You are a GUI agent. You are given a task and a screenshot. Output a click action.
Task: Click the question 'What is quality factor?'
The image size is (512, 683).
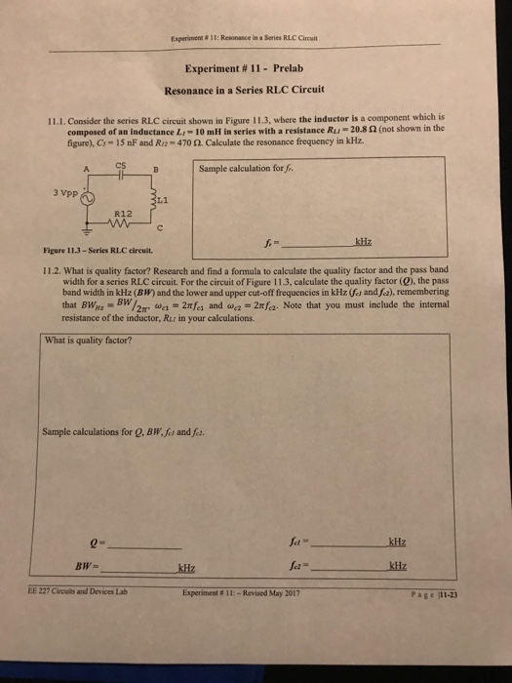coord(89,341)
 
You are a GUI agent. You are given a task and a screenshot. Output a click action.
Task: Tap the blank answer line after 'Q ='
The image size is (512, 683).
coord(146,546)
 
